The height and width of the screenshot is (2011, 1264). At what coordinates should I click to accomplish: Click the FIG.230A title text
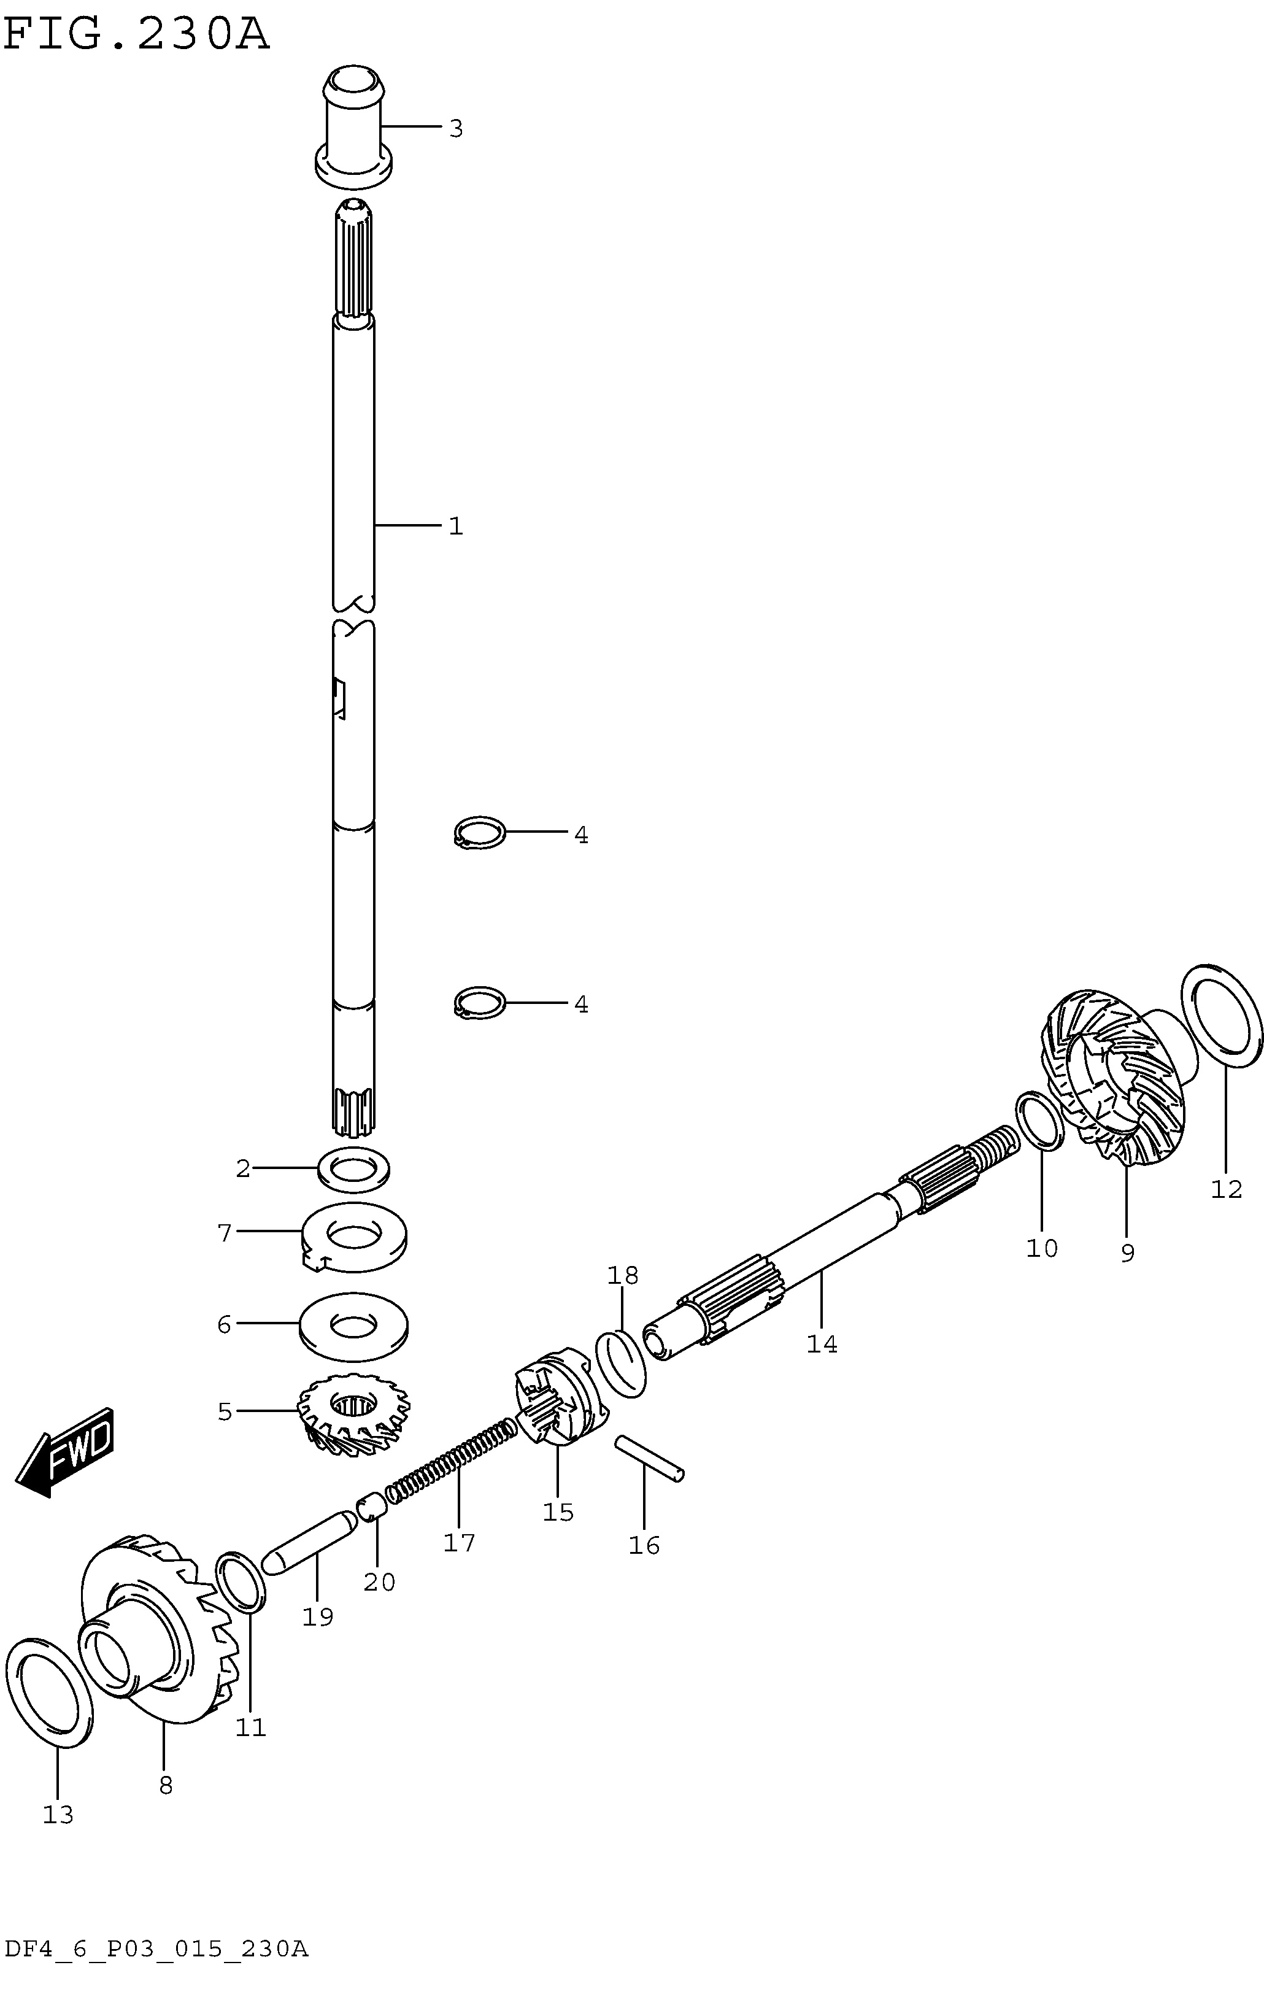[x=136, y=35]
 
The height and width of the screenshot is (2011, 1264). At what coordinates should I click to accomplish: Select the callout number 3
[x=456, y=129]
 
